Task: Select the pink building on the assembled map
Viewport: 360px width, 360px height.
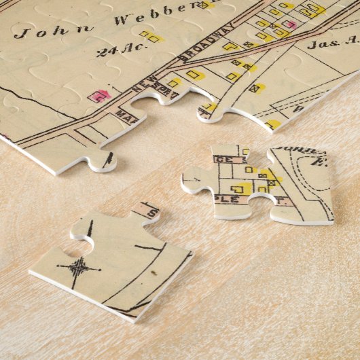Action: [98, 96]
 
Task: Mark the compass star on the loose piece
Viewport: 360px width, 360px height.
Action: [79, 267]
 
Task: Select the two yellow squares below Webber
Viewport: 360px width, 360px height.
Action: [151, 36]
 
